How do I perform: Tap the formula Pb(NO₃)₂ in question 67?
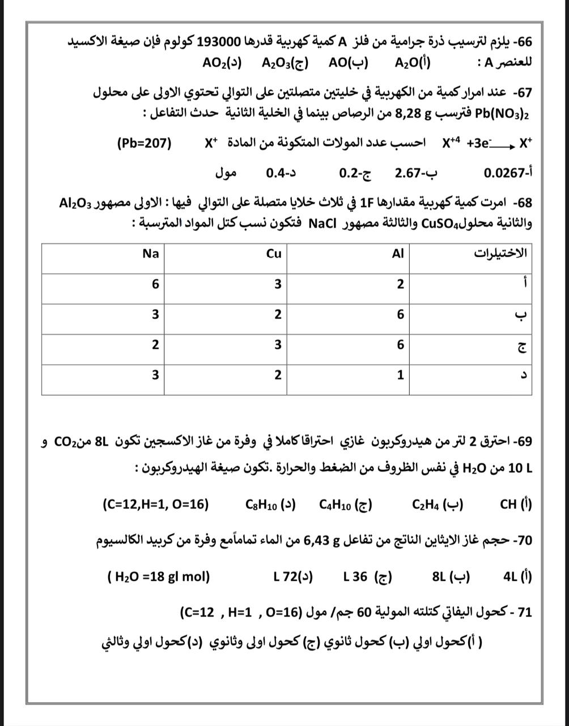coord(502,112)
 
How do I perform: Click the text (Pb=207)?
coord(145,143)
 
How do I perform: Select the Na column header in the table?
coord(151,254)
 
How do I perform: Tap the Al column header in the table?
coord(398,254)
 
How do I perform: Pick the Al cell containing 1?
coord(400,375)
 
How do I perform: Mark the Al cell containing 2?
coord(400,284)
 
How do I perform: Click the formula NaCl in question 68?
coord(324,223)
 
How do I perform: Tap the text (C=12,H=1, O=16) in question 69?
coord(156,504)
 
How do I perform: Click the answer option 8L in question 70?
coord(440,577)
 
